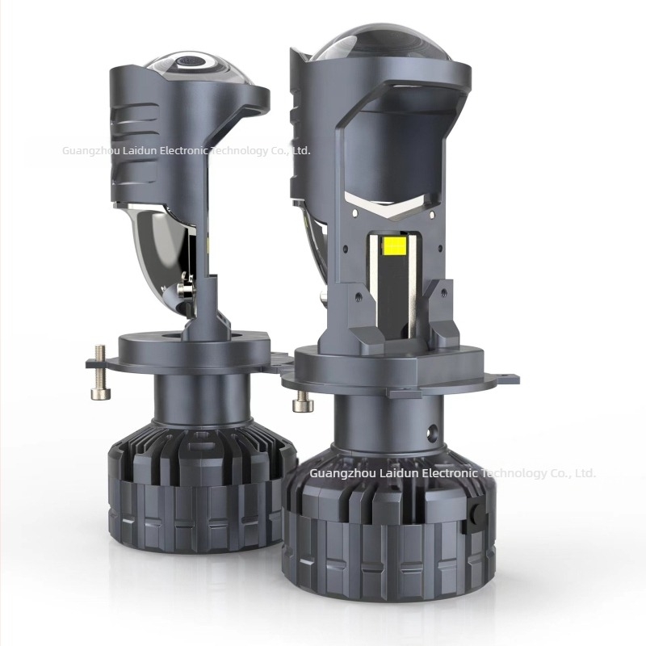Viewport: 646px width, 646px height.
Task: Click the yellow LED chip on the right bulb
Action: coord(394,245)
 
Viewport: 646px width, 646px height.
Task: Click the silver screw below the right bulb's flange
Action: coord(302,401)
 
